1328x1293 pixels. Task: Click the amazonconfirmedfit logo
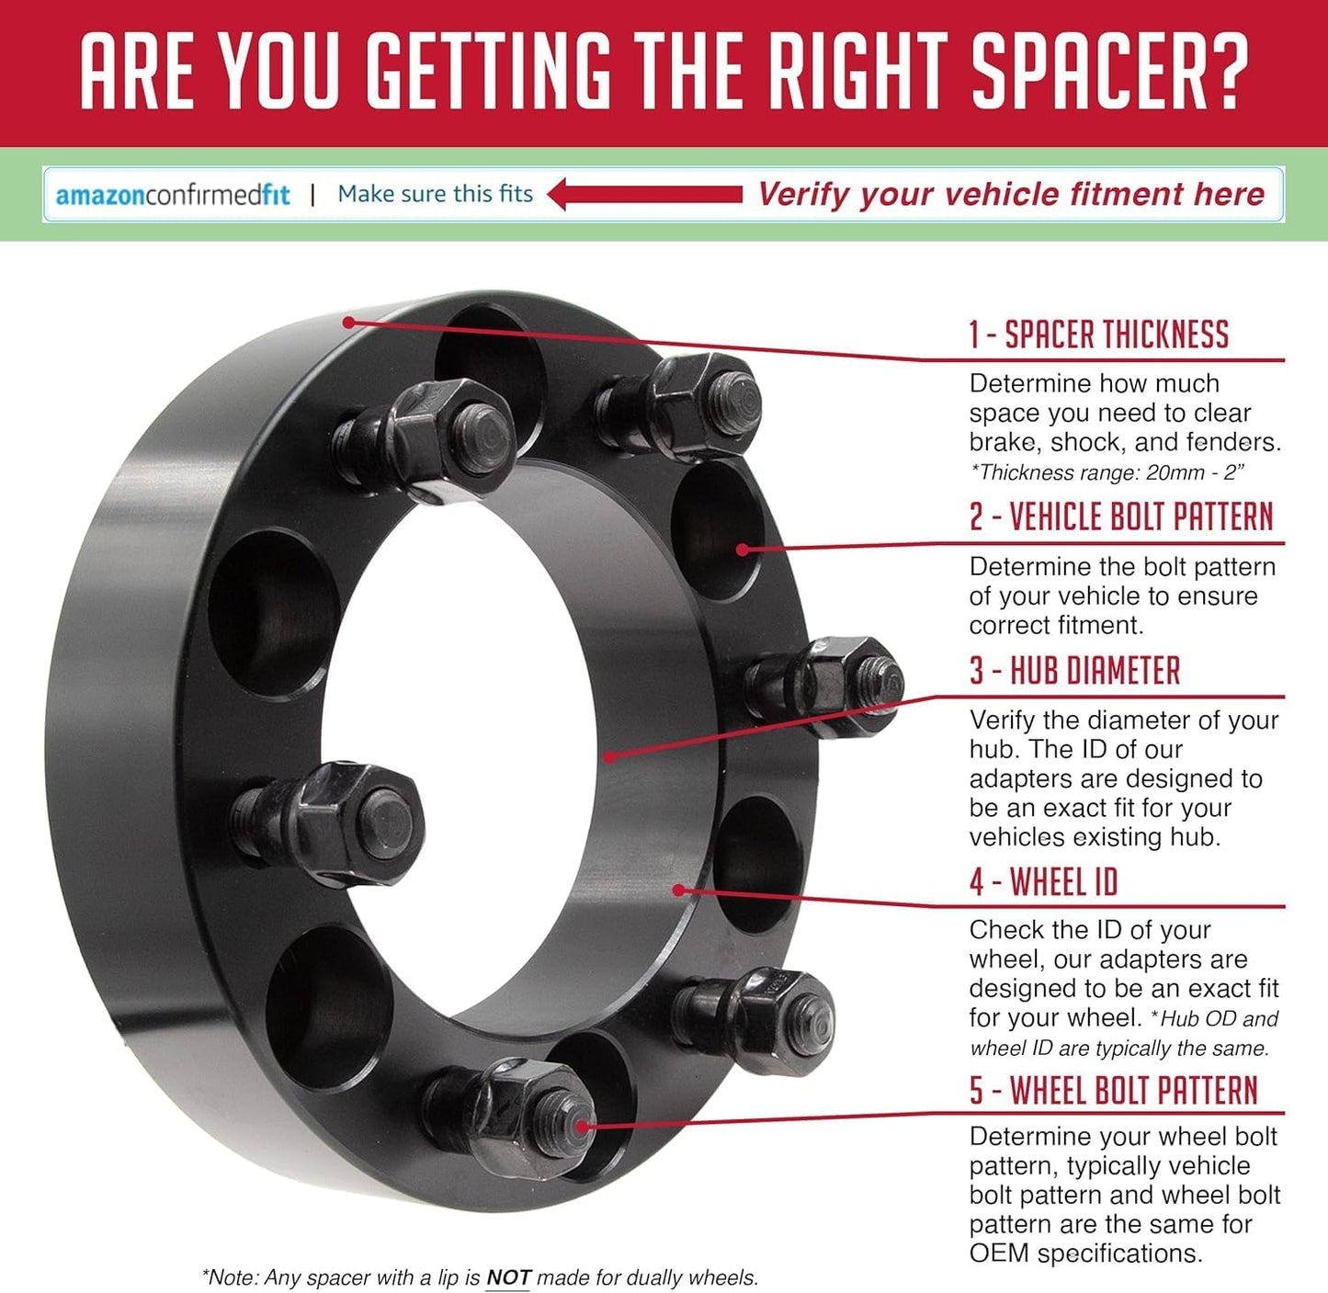tap(173, 195)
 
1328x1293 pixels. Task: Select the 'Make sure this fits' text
tap(436, 194)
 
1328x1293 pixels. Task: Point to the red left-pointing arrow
tap(645, 194)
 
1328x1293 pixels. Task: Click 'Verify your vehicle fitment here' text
tap(1011, 195)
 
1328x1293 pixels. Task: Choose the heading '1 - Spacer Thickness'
tap(1099, 335)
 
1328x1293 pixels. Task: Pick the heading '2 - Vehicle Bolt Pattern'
tap(1121, 516)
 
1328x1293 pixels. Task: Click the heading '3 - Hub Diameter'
tap(1075, 671)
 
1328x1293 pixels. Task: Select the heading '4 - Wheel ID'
tap(1043, 881)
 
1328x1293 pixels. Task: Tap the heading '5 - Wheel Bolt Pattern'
tap(1114, 1090)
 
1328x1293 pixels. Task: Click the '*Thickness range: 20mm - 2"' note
tap(1107, 473)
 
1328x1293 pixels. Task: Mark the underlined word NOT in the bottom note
tap(507, 1276)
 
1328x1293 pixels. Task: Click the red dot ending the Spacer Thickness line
tap(348, 322)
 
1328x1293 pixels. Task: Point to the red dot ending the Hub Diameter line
tap(610, 756)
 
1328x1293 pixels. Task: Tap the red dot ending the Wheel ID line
tap(678, 890)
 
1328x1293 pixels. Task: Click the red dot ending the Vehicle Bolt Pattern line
tap(743, 550)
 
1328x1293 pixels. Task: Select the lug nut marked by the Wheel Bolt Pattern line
tap(518, 1117)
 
